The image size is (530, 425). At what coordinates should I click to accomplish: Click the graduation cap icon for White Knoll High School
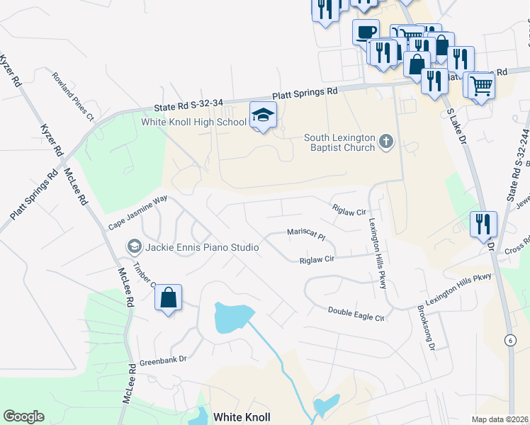[x=263, y=115]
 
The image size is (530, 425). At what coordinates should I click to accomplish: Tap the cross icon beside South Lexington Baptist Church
[x=385, y=142]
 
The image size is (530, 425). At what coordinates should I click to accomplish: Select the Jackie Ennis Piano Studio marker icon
[x=133, y=246]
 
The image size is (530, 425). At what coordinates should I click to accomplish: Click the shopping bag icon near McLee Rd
[x=169, y=297]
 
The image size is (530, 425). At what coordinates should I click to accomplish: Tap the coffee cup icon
[x=366, y=32]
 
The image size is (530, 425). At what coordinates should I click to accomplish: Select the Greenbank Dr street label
[x=162, y=359]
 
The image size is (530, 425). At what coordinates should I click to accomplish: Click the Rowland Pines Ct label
[x=73, y=93]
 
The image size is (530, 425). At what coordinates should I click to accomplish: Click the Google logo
[x=23, y=416]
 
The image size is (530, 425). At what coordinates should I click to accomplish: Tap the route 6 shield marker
[x=509, y=341]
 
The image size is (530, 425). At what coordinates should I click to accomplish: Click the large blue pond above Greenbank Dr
[x=233, y=317]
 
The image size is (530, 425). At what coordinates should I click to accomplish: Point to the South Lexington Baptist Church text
[x=339, y=142]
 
